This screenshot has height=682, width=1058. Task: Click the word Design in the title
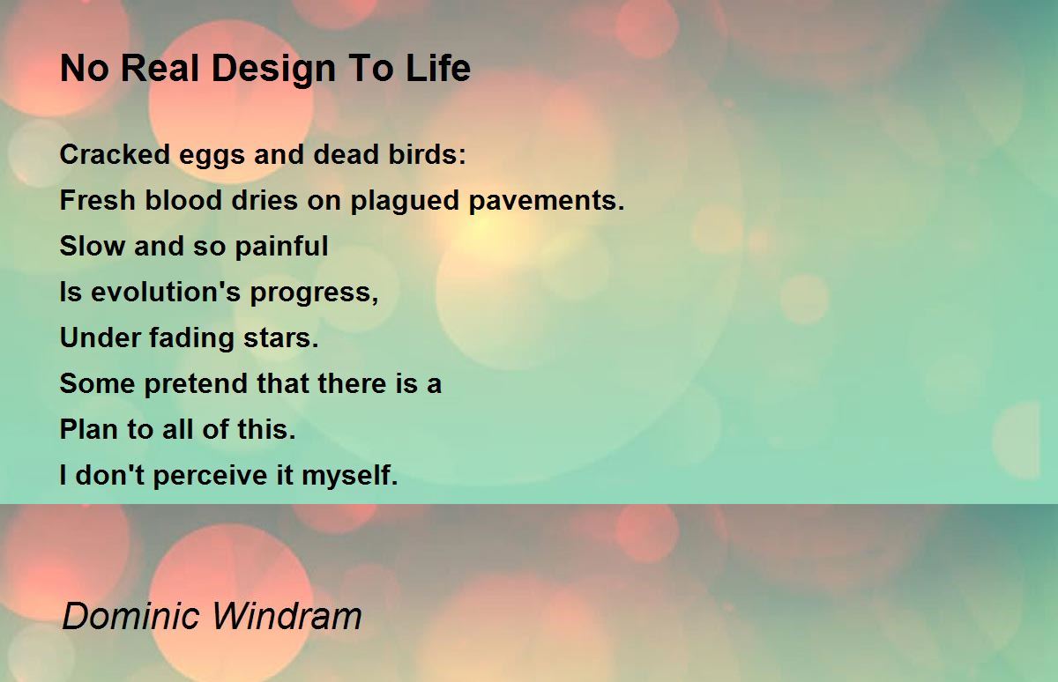tap(274, 70)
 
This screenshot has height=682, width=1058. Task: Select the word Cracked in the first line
tap(115, 154)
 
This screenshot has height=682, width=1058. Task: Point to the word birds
tap(427, 154)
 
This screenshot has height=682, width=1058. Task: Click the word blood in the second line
tap(183, 200)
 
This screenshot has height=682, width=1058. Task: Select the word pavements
tap(547, 201)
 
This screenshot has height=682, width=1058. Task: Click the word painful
tap(281, 247)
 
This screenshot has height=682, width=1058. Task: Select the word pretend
tap(196, 384)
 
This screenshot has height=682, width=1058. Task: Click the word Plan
tap(89, 429)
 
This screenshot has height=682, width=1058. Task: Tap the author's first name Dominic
tap(130, 615)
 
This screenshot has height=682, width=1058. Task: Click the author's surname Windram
tap(287, 615)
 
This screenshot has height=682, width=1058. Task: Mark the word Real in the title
tap(160, 68)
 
